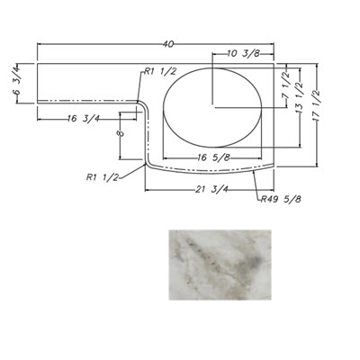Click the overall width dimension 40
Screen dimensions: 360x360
(168, 44)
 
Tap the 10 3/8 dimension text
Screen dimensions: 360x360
(244, 54)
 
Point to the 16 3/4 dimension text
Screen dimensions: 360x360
(84, 119)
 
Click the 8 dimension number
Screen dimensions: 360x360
(121, 133)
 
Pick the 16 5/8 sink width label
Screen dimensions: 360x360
(213, 157)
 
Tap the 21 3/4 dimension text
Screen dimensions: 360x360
(212, 190)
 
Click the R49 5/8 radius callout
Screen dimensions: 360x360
(281, 199)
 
